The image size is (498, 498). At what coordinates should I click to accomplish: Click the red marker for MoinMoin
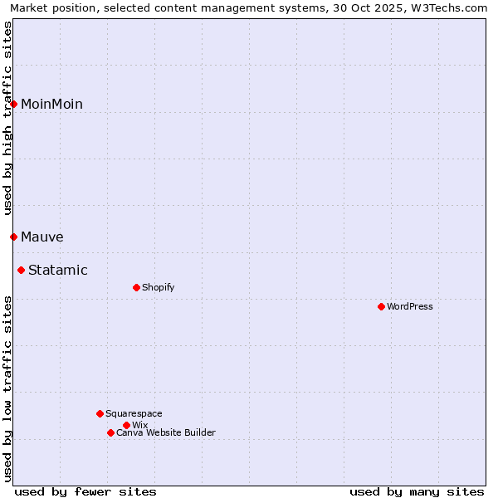(x=14, y=104)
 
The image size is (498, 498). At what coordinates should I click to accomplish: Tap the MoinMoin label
(x=51, y=105)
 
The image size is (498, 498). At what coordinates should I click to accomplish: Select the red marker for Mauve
(x=14, y=237)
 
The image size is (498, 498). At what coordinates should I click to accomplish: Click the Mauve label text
(x=42, y=237)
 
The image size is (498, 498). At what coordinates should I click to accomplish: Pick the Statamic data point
(x=22, y=270)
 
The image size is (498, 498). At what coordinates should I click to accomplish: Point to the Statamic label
(x=58, y=271)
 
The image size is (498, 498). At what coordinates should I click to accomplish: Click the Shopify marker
(x=137, y=287)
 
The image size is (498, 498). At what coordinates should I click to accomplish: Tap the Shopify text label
(x=159, y=288)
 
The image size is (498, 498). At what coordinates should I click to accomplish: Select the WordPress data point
(x=382, y=306)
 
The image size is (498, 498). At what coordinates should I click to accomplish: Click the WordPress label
(x=410, y=307)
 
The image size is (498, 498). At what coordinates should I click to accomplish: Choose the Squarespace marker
(x=100, y=413)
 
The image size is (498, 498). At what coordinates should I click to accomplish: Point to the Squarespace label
(x=134, y=414)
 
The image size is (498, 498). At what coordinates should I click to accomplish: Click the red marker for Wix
(x=126, y=425)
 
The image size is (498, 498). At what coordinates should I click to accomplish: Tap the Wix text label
(x=140, y=426)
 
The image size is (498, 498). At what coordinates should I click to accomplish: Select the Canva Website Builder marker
(x=110, y=432)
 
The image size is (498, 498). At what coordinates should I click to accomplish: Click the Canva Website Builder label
(x=166, y=433)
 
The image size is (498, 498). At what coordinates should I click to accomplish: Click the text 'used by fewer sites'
(x=85, y=492)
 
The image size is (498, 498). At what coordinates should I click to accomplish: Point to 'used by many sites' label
(x=417, y=492)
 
